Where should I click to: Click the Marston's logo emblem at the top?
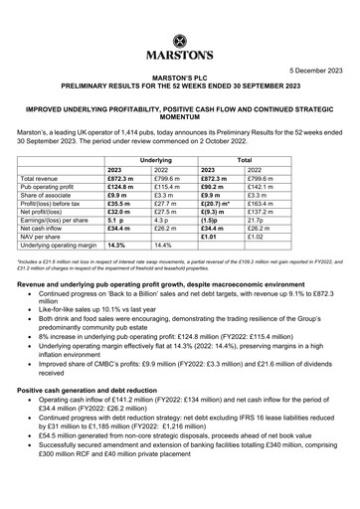(x=179, y=41)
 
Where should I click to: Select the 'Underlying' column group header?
(x=153, y=159)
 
